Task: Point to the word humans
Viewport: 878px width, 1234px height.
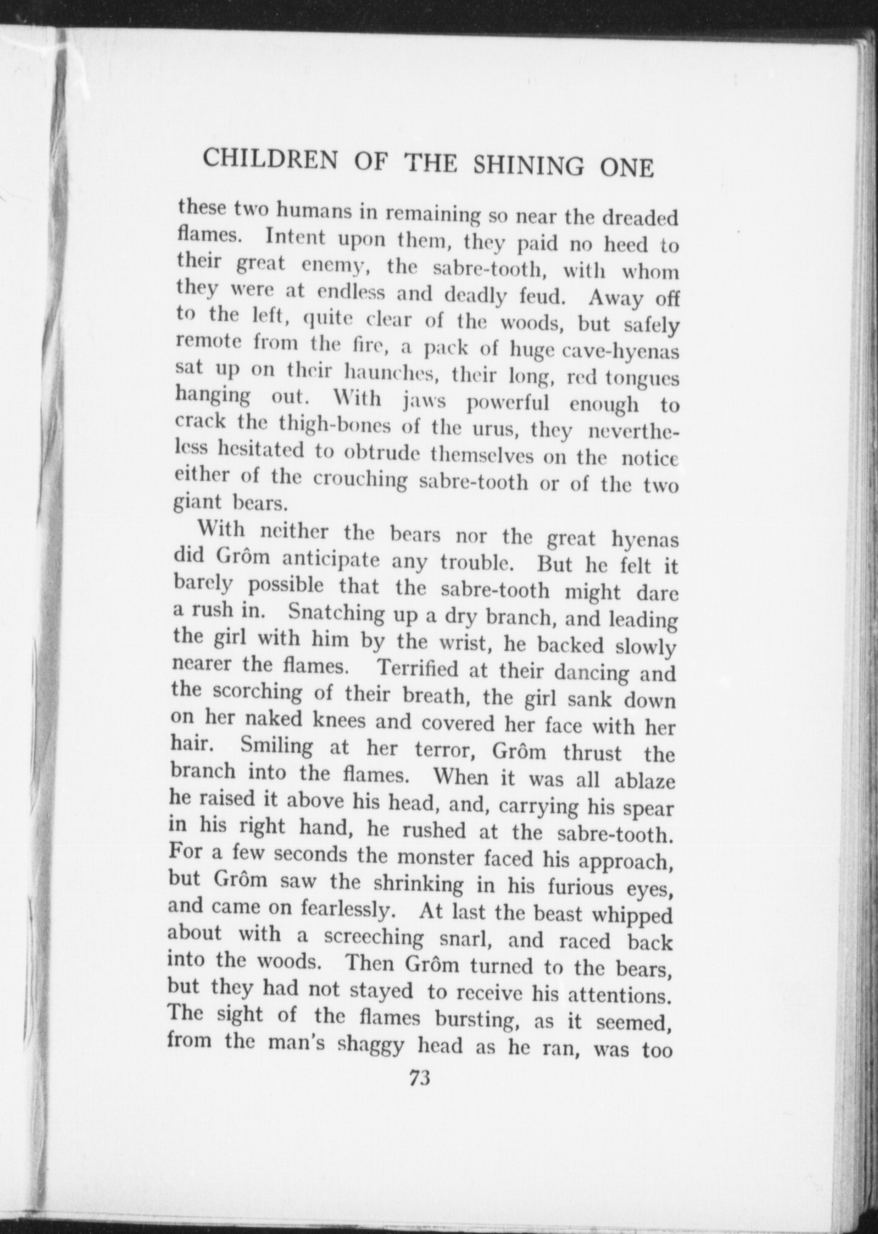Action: tap(313, 211)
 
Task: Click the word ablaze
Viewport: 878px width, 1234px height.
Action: tap(645, 782)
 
